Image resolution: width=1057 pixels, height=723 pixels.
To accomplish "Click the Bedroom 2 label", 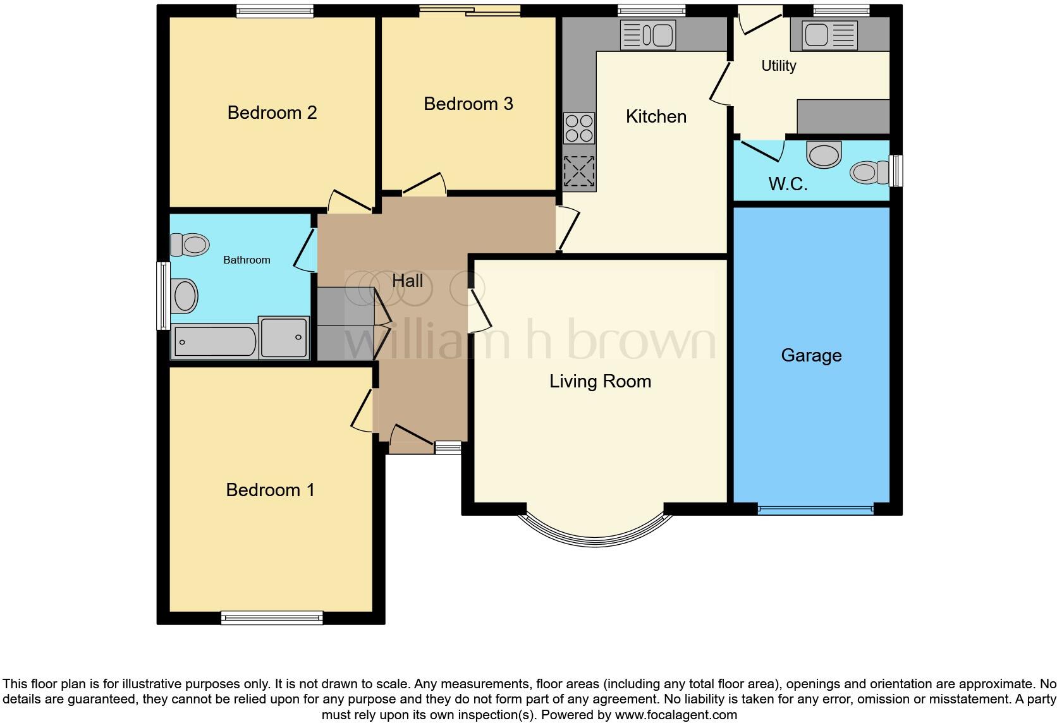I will click(272, 112).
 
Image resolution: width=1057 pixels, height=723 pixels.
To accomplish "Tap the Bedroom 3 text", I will click(468, 104).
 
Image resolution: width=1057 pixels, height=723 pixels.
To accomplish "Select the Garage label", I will click(811, 355).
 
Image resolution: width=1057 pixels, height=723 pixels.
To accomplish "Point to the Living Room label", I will click(599, 381).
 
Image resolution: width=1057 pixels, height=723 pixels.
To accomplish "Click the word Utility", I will click(778, 66).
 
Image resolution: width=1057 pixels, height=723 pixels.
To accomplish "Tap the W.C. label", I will click(788, 184).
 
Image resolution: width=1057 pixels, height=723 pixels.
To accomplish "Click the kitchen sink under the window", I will click(648, 35).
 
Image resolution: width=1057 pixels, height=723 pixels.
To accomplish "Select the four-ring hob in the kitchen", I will click(579, 128).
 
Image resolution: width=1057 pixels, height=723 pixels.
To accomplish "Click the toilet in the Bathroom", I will click(189, 245).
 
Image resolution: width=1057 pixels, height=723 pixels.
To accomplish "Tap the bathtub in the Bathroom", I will click(214, 342).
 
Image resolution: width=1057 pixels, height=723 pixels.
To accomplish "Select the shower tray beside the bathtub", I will click(284, 337).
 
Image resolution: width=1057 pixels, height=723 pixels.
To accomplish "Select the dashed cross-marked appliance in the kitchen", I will click(579, 171).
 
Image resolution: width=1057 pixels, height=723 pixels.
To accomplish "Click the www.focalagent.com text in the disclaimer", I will click(676, 715).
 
